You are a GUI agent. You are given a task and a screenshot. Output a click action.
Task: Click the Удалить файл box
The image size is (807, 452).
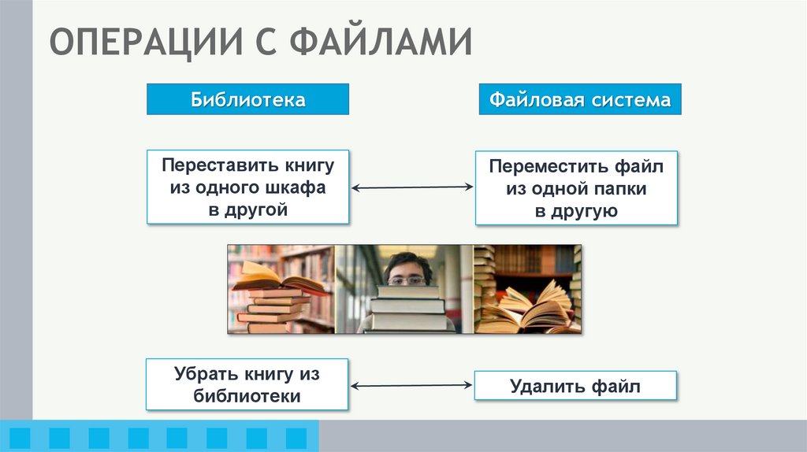pos(575,387)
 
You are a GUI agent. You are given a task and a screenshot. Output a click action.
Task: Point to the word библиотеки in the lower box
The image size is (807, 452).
pos(247,396)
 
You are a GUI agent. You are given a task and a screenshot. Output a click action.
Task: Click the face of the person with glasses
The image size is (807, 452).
pos(407,269)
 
